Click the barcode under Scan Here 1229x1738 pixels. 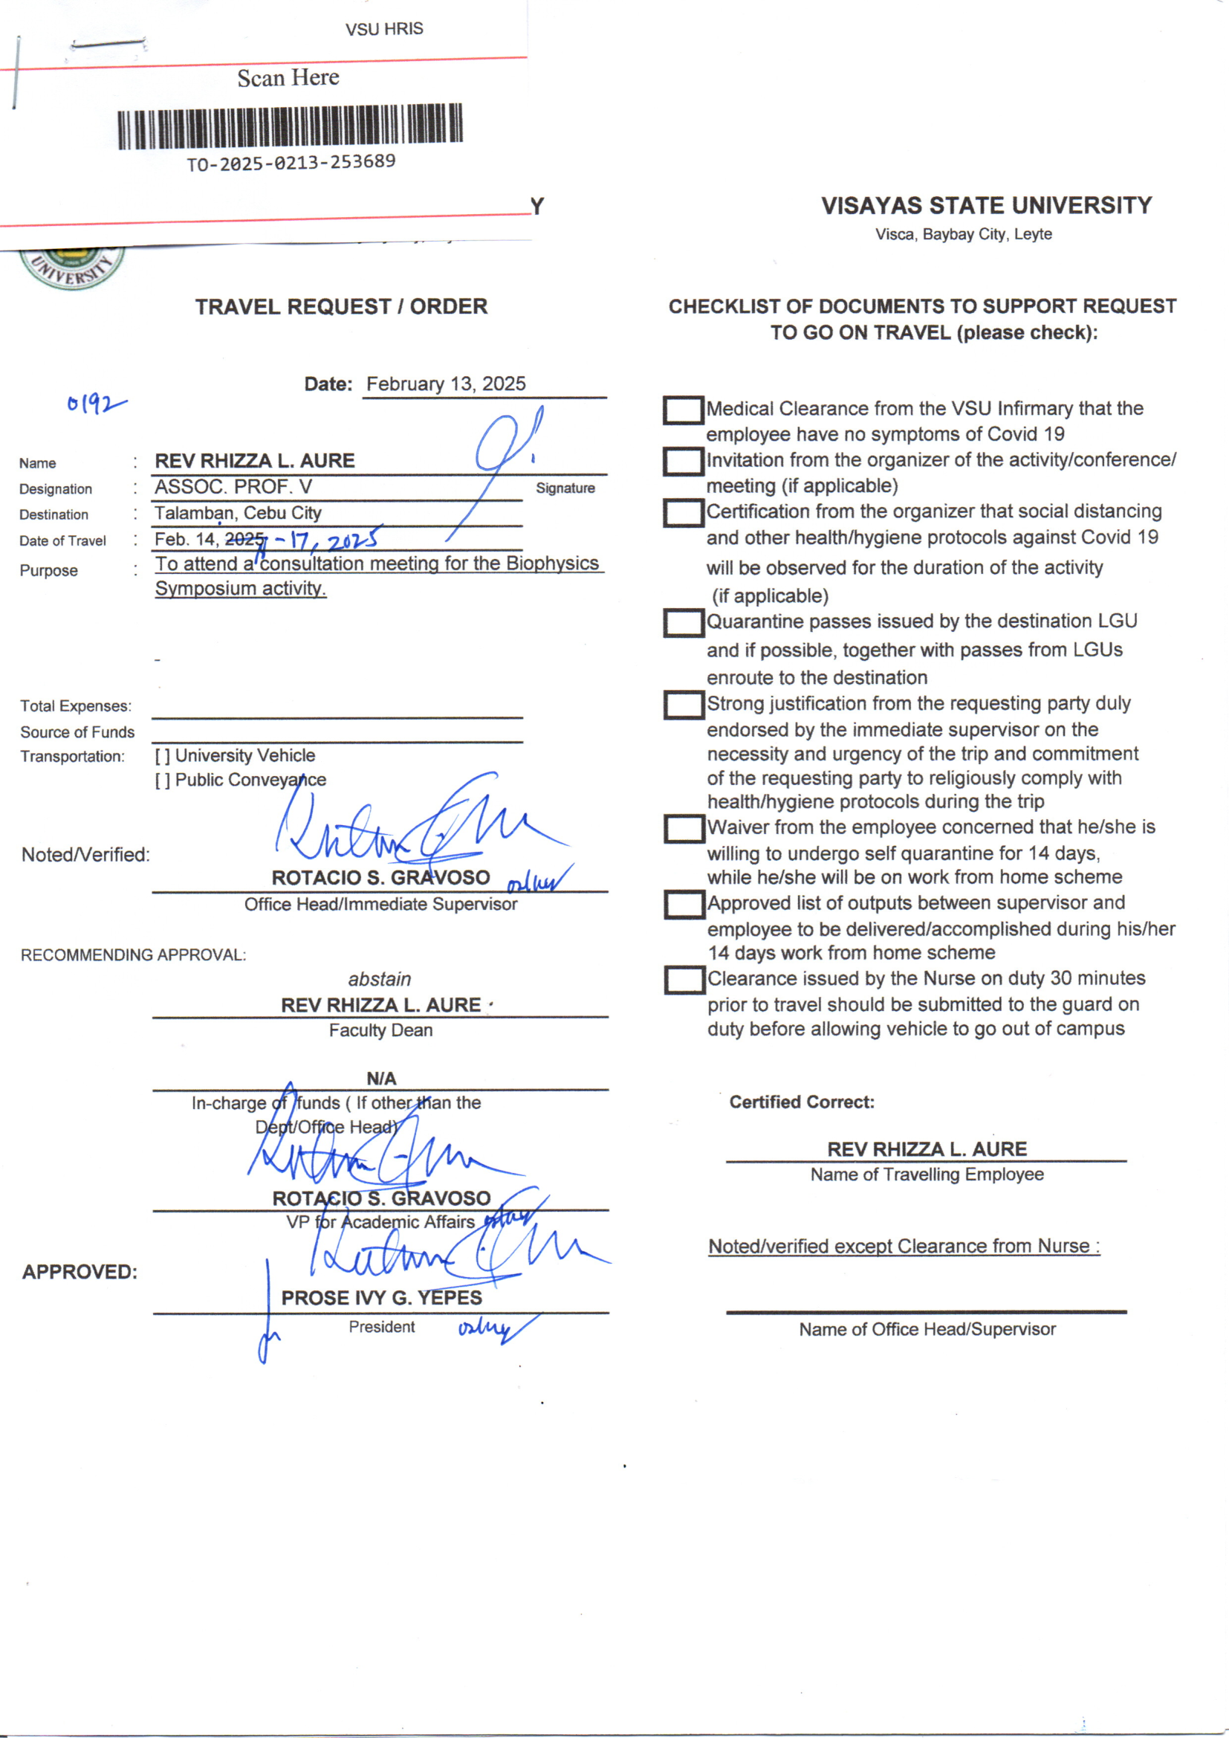tap(290, 126)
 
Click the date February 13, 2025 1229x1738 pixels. tap(446, 384)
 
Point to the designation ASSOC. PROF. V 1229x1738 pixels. tap(233, 487)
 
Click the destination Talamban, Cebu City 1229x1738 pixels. tap(239, 513)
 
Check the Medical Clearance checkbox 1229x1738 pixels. tap(684, 410)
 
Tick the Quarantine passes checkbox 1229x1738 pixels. tap(684, 623)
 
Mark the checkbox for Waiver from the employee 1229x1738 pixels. tap(684, 829)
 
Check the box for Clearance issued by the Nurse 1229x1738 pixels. tap(684, 981)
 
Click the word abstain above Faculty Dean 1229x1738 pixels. tap(379, 980)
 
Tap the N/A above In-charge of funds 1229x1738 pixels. tap(380, 1078)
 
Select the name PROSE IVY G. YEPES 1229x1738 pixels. tap(381, 1298)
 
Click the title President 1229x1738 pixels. tap(381, 1327)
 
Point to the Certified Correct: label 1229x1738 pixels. tap(802, 1102)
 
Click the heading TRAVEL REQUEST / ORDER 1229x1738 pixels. tap(341, 306)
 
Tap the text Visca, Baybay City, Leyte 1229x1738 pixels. tap(964, 235)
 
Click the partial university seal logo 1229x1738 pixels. tap(72, 268)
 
